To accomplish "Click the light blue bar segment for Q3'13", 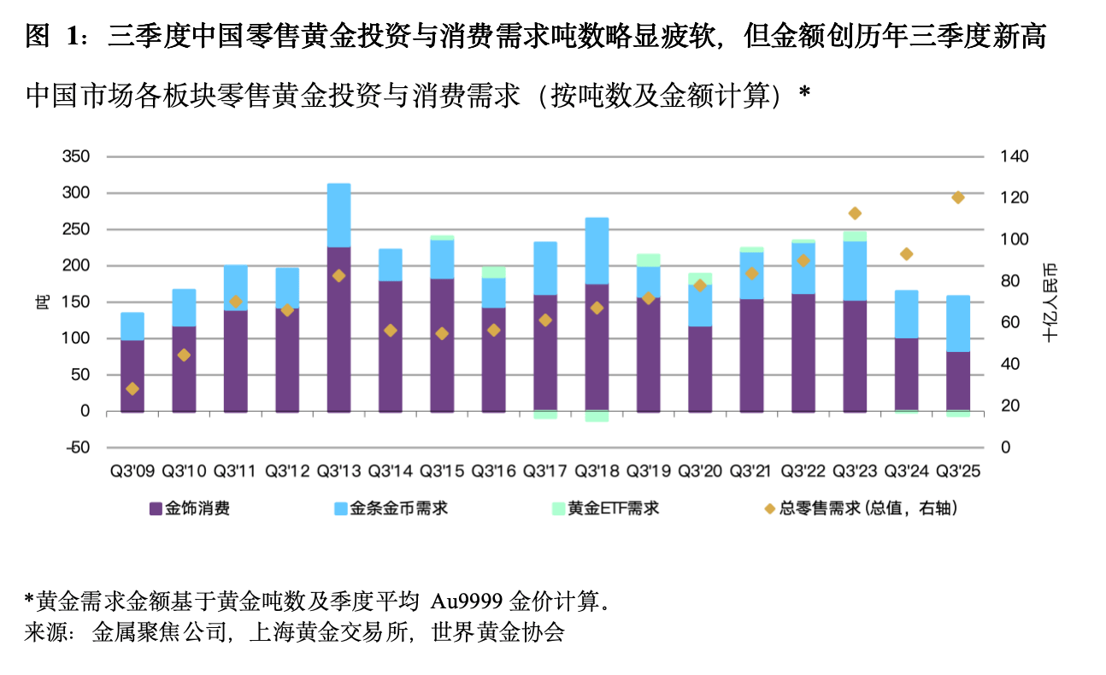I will coord(338,214).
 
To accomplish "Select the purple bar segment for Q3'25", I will coord(958,381).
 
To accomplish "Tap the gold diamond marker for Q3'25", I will coord(958,197).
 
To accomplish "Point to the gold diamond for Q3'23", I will coord(855,213).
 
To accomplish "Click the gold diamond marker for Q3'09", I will coord(132,389).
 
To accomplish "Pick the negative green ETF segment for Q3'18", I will coord(597,416).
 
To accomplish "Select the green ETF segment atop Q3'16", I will coord(493,272).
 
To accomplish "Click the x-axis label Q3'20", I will coord(700,471).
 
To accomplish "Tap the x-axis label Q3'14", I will coord(390,471).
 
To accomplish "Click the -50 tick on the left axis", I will coord(78,448).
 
